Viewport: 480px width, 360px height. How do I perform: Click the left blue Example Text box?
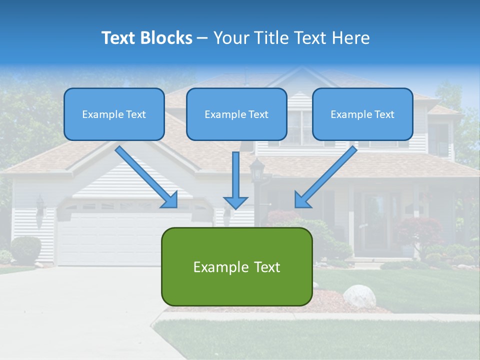[x=114, y=114]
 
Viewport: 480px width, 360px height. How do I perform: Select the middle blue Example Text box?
[x=236, y=114]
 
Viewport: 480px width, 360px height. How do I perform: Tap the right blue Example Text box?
[x=362, y=114]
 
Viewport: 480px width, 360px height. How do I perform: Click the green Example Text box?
[x=236, y=267]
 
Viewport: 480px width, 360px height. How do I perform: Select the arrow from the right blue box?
[x=325, y=177]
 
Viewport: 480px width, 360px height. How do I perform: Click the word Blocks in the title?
[x=167, y=38]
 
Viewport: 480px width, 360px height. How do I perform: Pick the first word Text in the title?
[x=120, y=38]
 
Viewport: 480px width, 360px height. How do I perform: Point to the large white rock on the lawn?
[x=359, y=296]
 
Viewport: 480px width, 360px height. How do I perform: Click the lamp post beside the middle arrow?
[x=257, y=172]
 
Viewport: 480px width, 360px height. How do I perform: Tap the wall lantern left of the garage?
[x=40, y=205]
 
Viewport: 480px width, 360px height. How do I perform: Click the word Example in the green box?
[x=214, y=267]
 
